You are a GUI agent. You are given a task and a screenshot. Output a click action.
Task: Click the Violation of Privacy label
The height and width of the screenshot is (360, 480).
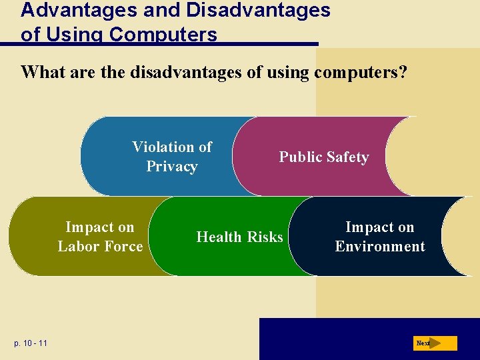[x=172, y=157]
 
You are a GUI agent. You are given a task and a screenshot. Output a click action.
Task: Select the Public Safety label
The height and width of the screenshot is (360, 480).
[x=323, y=157]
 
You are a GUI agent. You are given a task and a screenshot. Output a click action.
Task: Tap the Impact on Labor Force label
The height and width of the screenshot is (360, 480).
[x=100, y=237]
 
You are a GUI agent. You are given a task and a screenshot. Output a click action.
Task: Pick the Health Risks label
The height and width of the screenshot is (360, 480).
[x=239, y=237]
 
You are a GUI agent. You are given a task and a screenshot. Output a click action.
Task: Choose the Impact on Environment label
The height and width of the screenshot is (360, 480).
[x=379, y=237]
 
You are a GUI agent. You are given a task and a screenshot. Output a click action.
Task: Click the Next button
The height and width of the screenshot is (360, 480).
[x=434, y=343]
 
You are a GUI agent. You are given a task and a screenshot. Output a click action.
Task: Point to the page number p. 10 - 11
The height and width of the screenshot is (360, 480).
[x=29, y=343]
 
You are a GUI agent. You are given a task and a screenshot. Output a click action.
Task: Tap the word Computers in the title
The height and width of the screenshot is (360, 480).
[x=163, y=35]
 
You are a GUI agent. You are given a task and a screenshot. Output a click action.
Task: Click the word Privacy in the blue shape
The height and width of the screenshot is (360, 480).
[x=172, y=167]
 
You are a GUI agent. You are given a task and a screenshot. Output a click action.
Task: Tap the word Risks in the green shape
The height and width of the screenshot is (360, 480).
[x=265, y=237]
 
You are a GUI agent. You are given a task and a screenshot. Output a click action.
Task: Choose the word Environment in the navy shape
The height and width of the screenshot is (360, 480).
[x=379, y=247]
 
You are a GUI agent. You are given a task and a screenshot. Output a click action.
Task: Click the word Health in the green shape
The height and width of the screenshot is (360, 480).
[x=219, y=237]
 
